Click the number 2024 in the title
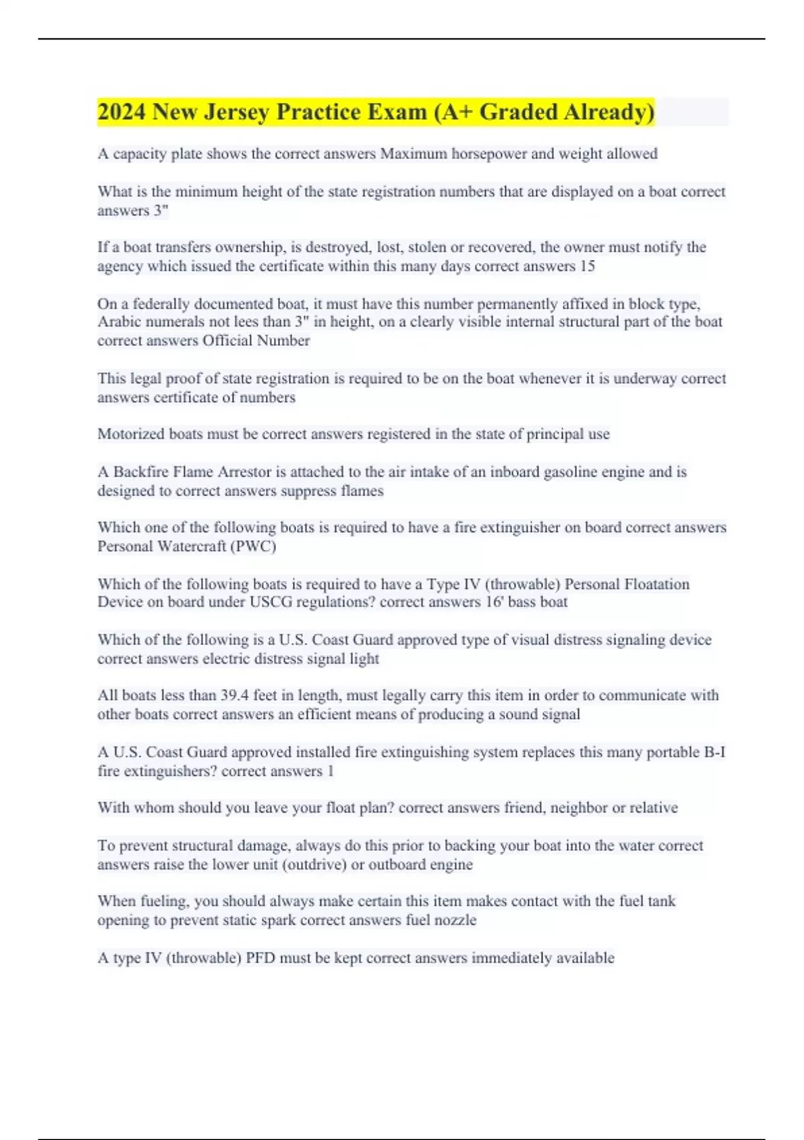[121, 112]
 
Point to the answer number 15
[587, 266]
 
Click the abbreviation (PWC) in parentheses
[253, 547]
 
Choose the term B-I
[714, 752]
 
